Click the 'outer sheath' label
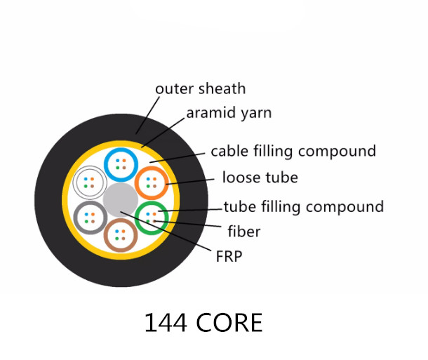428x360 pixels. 200,89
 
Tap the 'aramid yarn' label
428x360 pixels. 228,114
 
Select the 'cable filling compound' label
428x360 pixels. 293,151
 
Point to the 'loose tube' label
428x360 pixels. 260,178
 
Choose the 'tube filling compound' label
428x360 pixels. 303,206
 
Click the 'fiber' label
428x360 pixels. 244,231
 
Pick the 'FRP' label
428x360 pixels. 229,257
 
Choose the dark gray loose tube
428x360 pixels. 90,217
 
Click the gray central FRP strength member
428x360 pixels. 120,200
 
